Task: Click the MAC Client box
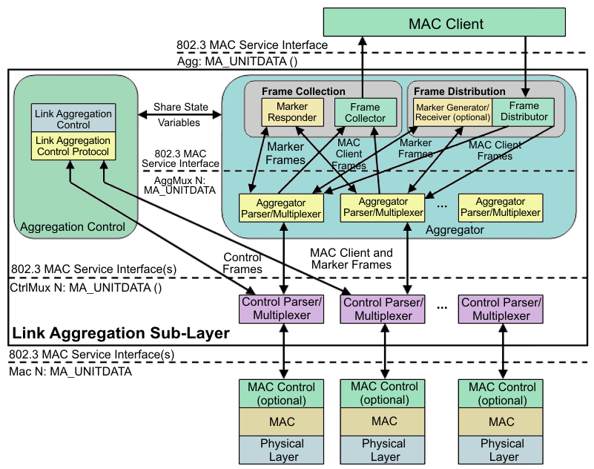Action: [x=446, y=24]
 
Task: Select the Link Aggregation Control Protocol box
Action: [x=73, y=145]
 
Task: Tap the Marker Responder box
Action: [x=291, y=111]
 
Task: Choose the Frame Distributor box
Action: [x=524, y=111]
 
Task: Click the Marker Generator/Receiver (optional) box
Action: [x=453, y=112]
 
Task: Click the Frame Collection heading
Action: [x=303, y=91]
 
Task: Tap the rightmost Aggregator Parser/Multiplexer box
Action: [x=501, y=207]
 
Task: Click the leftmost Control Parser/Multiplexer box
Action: [x=281, y=308]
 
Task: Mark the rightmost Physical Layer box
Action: [x=502, y=450]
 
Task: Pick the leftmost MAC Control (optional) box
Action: [x=281, y=393]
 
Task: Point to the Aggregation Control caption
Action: [x=73, y=226]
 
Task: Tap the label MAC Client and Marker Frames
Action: [x=352, y=258]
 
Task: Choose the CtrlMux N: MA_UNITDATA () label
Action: [x=85, y=287]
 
